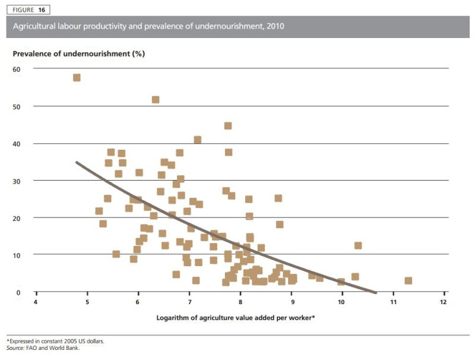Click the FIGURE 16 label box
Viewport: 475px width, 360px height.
click(x=28, y=10)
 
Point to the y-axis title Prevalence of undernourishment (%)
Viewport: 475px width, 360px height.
click(x=79, y=53)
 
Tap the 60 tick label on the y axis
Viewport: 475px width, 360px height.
click(x=17, y=69)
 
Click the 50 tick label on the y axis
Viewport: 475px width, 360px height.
click(x=17, y=106)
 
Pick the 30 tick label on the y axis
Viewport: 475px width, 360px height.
click(x=17, y=181)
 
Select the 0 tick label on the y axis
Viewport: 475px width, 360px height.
click(x=18, y=292)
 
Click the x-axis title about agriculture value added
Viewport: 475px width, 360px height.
click(x=236, y=318)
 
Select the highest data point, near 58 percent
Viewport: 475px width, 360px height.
click(x=77, y=78)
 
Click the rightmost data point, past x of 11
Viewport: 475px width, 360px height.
click(x=408, y=280)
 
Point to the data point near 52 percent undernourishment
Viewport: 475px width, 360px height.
click(x=156, y=100)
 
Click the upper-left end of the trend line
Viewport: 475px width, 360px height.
click(x=77, y=162)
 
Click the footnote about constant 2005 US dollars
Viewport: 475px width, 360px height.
click(x=51, y=342)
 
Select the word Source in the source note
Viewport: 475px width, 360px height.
click(x=15, y=348)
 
